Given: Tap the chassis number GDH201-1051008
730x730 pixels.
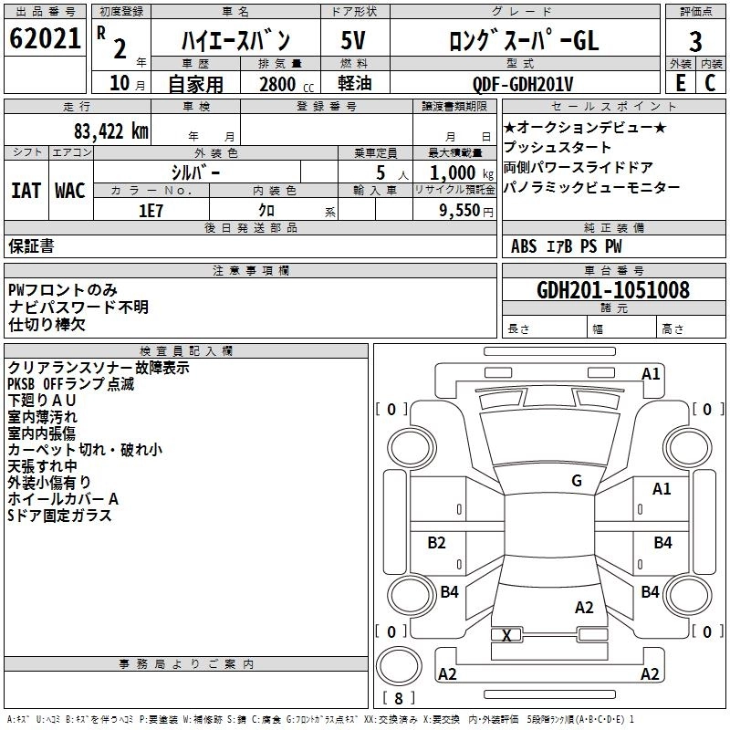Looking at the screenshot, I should (x=613, y=290).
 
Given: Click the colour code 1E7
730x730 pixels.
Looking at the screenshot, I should (x=151, y=209).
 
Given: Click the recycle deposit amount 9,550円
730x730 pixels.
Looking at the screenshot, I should (x=467, y=209).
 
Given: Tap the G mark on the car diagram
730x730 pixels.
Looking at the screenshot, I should (x=577, y=481).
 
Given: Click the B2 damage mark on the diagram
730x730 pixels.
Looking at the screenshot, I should (x=437, y=542).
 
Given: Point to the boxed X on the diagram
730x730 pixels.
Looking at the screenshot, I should (x=506, y=635).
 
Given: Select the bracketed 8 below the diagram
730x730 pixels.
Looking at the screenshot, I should (x=399, y=698).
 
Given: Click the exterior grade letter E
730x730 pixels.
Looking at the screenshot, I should (x=680, y=83).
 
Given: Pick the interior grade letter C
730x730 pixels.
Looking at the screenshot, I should (x=711, y=83).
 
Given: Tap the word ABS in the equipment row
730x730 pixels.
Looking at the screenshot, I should (x=524, y=245).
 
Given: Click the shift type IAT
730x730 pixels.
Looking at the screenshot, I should (x=26, y=190).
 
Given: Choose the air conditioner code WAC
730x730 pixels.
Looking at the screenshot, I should (x=70, y=190).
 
